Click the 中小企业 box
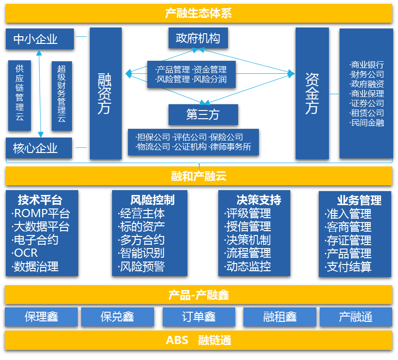[x=40, y=39]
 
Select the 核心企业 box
[x=39, y=148]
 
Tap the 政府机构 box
[x=198, y=38]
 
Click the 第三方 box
[x=203, y=115]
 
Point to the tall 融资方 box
[x=105, y=93]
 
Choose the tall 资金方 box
[x=312, y=93]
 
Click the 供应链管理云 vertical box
[x=20, y=95]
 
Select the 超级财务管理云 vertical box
[x=61, y=95]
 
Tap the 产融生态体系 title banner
[x=199, y=13]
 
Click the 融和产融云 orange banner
[x=199, y=176]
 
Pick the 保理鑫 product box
[x=41, y=317]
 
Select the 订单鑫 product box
[x=199, y=317]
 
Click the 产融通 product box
[x=355, y=317]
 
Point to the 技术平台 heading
[x=40, y=200]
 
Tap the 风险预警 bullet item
[x=142, y=266]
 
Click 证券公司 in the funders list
[x=367, y=103]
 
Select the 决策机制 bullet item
[x=248, y=240]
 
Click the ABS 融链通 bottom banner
[x=199, y=340]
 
